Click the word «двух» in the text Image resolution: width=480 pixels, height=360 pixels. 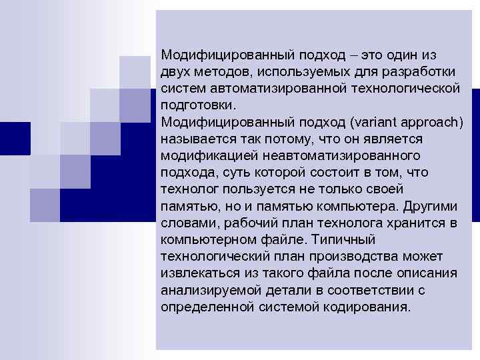click(175, 71)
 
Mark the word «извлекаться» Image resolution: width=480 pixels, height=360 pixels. click(199, 273)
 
